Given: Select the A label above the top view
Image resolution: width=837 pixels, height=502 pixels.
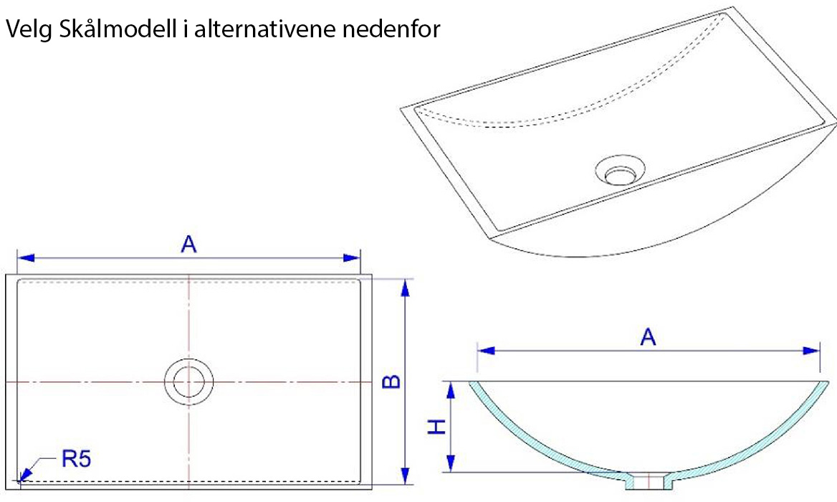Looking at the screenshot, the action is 189,244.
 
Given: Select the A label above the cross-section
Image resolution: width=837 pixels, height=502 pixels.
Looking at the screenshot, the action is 648,337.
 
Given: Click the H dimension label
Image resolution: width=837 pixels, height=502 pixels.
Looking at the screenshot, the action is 437,427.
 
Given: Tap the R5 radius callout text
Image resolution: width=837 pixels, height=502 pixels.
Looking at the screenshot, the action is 77,458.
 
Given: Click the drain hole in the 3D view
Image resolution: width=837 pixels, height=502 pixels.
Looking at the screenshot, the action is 620,171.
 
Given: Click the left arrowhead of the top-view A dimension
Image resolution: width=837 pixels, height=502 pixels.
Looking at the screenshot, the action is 26,258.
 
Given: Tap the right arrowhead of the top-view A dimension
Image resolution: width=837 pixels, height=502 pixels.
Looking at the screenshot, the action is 352,258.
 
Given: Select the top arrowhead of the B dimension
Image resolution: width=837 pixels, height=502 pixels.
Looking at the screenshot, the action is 405,288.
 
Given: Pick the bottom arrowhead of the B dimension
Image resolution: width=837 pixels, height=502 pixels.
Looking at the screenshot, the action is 405,475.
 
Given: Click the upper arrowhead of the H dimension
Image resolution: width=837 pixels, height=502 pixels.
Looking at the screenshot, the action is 451,390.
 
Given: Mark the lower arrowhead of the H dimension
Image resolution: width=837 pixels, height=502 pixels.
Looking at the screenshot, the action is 451,463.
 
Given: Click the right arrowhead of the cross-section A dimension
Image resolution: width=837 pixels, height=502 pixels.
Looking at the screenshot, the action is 811,351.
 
